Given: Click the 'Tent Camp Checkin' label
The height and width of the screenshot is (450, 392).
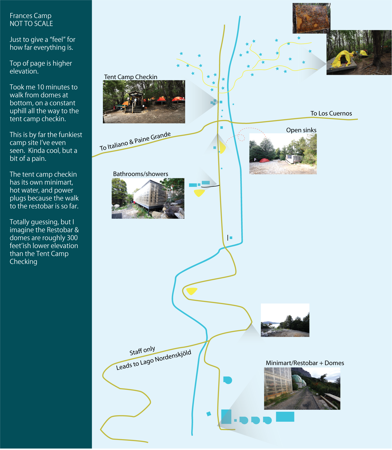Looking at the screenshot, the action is point(131,77).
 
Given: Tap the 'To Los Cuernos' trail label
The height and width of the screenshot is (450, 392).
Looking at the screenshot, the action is point(331,113).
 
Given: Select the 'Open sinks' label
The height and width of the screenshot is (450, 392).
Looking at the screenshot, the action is point(301,130).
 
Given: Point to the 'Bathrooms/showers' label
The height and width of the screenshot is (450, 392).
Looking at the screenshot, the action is point(141,174).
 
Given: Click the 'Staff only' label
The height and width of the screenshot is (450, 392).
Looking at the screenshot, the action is point(142,351).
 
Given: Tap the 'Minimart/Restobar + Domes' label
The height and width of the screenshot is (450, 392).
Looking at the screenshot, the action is point(305,363).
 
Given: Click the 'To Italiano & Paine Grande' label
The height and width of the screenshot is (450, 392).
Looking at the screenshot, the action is point(135,141).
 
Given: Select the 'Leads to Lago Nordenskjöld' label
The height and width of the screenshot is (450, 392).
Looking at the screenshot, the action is point(154,360).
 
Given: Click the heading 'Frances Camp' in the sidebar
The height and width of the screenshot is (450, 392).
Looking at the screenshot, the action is point(30,16).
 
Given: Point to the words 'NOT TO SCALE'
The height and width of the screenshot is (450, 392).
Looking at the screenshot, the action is point(31,24).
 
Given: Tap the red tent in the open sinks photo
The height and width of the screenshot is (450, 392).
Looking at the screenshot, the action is point(264,160).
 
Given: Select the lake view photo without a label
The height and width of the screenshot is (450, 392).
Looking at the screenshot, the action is point(285,320).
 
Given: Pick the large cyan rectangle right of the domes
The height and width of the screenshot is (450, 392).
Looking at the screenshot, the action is point(285,417).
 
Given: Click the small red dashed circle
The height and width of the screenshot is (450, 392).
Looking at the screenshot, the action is point(241,137).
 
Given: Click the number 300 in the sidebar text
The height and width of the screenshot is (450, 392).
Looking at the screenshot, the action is point(72,238).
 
